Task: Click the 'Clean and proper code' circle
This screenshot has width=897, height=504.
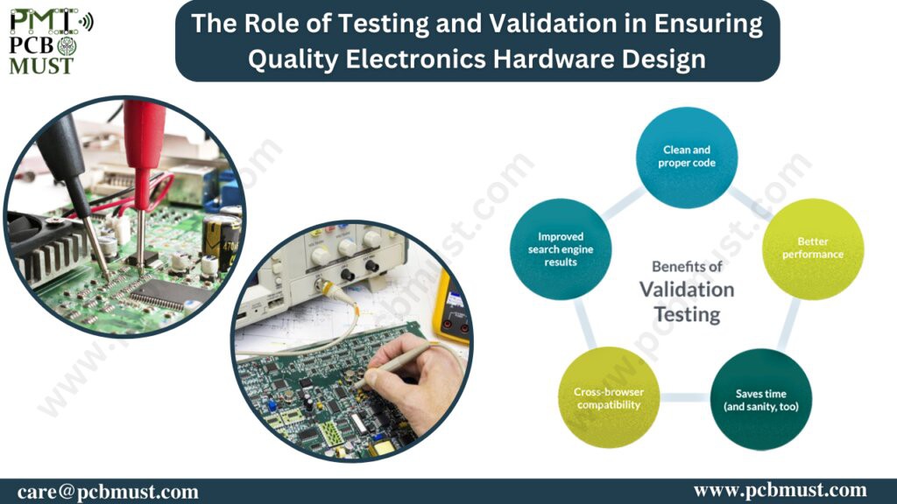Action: coord(687,157)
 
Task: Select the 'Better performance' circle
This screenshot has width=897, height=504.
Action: coord(813,248)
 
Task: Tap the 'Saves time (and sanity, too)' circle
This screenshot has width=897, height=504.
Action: coord(761,399)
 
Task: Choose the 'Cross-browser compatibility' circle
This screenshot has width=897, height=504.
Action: coord(609,398)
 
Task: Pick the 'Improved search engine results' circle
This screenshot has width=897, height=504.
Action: coord(561,249)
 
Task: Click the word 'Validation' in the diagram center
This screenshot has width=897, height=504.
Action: coord(687,290)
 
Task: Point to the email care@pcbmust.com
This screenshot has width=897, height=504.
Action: coord(108,492)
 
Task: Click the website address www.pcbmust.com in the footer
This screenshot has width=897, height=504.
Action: coord(780,490)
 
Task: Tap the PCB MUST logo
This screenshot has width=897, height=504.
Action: coord(51,42)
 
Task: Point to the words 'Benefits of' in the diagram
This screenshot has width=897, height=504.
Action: coord(687,266)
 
